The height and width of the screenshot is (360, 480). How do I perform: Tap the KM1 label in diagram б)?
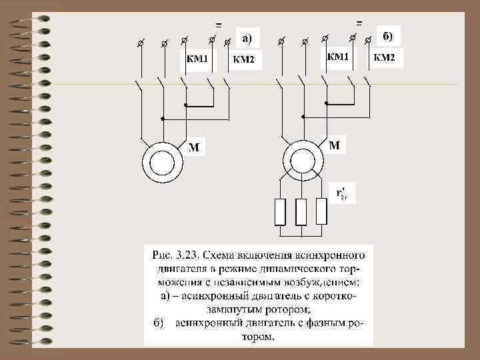(337, 57)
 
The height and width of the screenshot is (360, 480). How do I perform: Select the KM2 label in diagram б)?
(384, 58)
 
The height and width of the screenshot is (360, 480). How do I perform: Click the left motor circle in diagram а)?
(161, 162)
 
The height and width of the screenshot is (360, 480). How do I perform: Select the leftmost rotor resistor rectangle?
(280, 212)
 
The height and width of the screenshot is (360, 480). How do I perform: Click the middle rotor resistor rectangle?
(301, 212)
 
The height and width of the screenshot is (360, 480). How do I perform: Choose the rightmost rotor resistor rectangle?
(321, 212)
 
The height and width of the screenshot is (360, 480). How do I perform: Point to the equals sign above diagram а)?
(218, 25)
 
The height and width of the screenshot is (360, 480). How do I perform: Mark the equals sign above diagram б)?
(359, 22)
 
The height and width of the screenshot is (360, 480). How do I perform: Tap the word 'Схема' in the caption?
(219, 255)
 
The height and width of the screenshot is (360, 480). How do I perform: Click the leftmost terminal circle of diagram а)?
(140, 43)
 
